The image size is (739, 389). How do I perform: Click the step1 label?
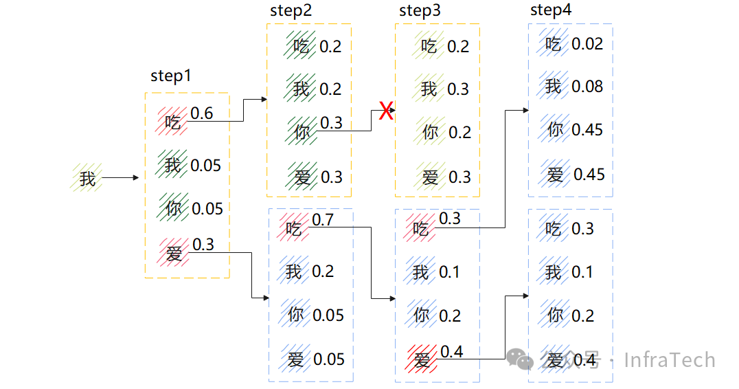pos(171,76)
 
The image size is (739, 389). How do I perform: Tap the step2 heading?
pos(291,11)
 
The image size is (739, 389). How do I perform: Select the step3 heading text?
pos(420,11)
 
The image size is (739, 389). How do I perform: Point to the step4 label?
pos(551,10)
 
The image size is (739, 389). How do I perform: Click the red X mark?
pos(386,111)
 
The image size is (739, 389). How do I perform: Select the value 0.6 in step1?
pos(201,113)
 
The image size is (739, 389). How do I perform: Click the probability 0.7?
pos(322,220)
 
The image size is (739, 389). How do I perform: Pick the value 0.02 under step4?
pos(587,44)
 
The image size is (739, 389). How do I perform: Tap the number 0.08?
pos(587,87)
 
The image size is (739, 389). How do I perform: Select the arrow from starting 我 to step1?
pos(120,178)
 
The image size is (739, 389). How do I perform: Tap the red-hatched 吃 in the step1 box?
pos(173,122)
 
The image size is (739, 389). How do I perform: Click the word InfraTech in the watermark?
pos(669,360)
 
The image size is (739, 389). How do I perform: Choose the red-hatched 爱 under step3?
pos(422,359)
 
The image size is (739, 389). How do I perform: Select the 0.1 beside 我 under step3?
pos(449,272)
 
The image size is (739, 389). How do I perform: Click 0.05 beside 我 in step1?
pos(206,166)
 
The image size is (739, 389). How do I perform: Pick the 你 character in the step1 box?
pos(174,208)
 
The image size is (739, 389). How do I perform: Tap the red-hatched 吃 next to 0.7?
pos(294,227)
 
